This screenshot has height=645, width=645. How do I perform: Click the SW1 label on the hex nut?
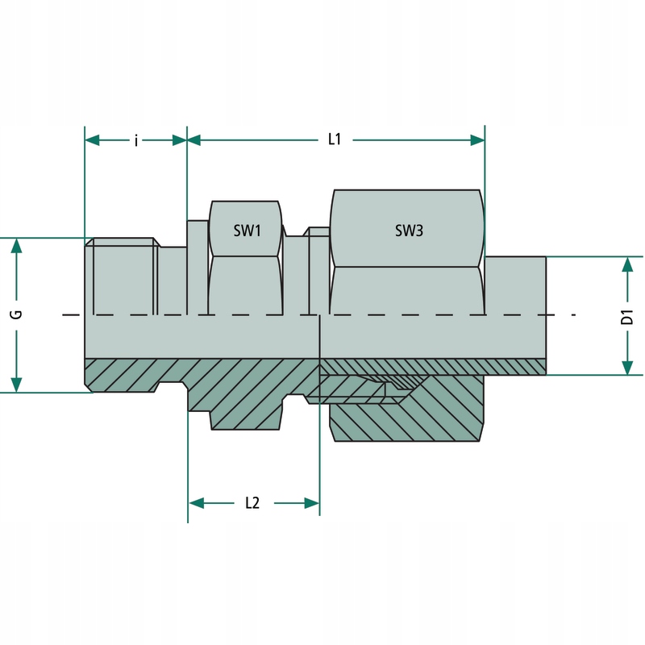point(247,231)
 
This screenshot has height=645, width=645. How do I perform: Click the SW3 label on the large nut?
point(409,231)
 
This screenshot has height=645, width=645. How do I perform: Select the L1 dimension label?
point(335,139)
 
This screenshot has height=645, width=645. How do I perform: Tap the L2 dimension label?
point(252,503)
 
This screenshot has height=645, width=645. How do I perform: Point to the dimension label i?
point(135,140)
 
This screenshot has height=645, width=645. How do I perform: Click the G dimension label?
point(16,314)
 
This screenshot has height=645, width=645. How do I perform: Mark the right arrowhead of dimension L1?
point(476,140)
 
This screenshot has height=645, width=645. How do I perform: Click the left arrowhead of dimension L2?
point(196,503)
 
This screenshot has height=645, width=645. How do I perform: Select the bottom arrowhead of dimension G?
point(15,385)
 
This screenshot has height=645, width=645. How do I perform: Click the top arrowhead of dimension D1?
point(627,264)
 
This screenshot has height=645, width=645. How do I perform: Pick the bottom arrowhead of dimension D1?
point(627,367)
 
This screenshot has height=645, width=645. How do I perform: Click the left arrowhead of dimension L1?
point(194,140)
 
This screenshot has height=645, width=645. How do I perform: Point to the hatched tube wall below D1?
point(516,366)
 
